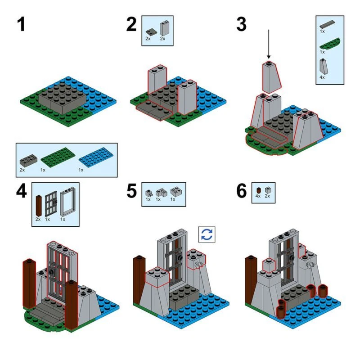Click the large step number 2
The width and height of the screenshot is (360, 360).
point(131,24)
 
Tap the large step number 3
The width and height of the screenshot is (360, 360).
point(241,24)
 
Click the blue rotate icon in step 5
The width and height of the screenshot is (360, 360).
point(207,235)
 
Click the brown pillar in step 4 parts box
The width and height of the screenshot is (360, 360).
point(38,205)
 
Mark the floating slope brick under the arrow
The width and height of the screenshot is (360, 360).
point(270,77)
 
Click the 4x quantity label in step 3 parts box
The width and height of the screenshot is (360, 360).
point(322,77)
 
